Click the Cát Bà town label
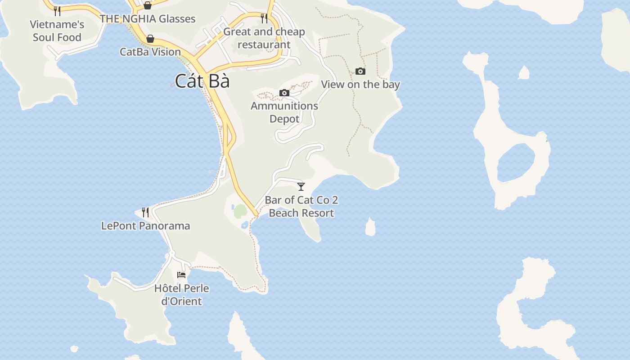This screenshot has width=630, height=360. (202, 81)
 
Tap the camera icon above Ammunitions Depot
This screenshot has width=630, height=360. (284, 93)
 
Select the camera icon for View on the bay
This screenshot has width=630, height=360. (360, 71)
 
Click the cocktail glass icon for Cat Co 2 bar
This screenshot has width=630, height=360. (301, 186)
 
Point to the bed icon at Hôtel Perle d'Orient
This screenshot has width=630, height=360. (181, 274)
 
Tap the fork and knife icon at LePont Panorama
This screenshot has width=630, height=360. (145, 212)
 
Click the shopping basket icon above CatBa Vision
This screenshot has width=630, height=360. (150, 39)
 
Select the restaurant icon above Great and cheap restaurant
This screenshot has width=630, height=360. (264, 18)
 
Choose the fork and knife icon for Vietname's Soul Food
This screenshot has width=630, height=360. (57, 11)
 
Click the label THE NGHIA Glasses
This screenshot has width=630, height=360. (148, 19)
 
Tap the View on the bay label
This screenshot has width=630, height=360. (360, 84)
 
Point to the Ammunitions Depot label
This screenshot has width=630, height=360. (284, 112)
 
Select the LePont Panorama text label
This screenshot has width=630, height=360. (145, 225)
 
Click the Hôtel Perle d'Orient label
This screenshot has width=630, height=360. (181, 294)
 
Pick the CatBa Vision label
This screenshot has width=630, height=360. (150, 52)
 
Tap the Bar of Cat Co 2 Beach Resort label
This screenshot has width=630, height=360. (301, 207)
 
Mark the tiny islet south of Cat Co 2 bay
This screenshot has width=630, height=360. (370, 227)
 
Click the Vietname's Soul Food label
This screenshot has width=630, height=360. (57, 31)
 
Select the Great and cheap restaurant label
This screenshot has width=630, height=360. (264, 38)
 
